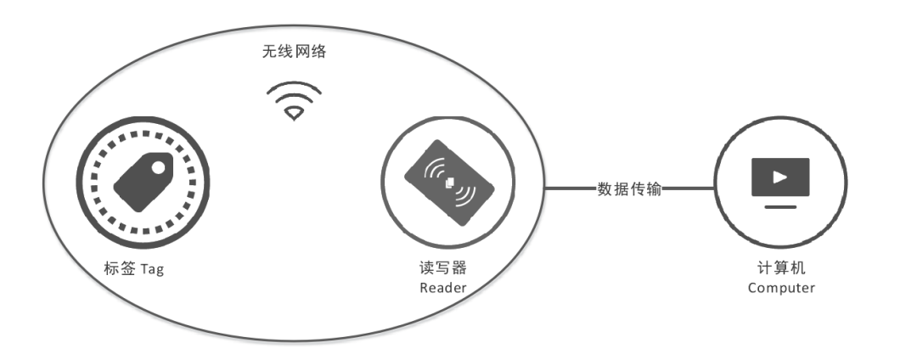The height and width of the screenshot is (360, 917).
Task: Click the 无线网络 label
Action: click(x=293, y=52)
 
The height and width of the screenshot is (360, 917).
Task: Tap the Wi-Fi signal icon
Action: click(x=293, y=100)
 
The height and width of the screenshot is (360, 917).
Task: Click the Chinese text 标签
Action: click(x=120, y=269)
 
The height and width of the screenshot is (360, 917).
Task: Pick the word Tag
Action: click(x=155, y=270)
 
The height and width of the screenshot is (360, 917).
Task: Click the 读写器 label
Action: click(x=443, y=269)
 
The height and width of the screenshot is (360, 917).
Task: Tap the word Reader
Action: click(x=443, y=289)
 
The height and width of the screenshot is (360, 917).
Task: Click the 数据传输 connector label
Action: click(x=629, y=188)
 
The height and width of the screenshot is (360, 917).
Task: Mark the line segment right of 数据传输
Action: click(x=688, y=188)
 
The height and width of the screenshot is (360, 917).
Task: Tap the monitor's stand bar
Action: click(x=780, y=206)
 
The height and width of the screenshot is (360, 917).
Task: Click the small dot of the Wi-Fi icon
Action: click(x=294, y=113)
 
